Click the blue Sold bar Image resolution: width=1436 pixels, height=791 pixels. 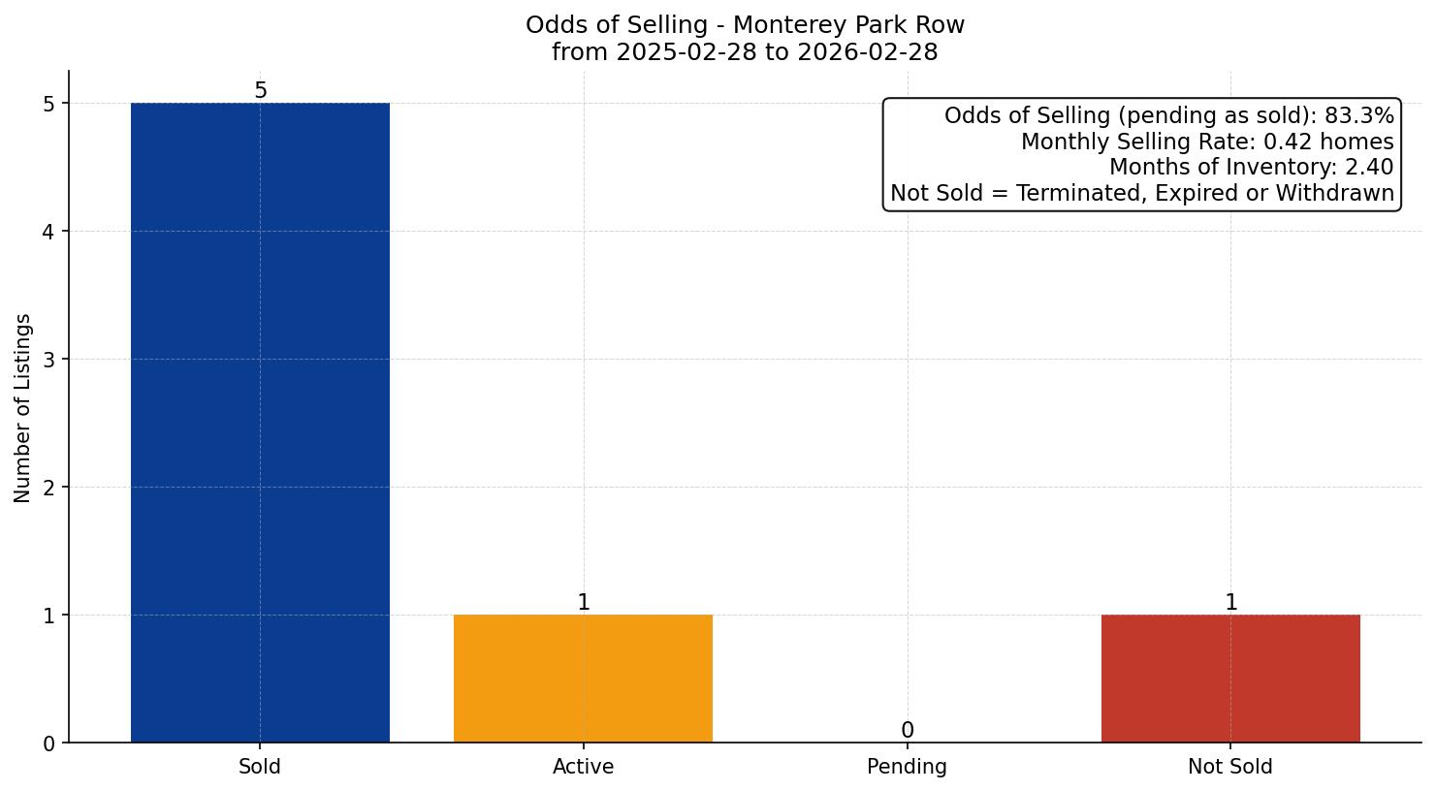(260, 423)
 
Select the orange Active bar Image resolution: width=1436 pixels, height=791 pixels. (583, 679)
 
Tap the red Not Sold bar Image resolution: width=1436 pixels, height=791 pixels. (1229, 679)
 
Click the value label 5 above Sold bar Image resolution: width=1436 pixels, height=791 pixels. (260, 91)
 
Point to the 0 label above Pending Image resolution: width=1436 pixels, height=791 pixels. (907, 731)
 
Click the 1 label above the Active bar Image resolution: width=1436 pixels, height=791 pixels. (583, 603)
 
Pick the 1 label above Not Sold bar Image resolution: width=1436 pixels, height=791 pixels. (1230, 603)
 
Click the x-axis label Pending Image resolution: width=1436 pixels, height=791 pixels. (907, 767)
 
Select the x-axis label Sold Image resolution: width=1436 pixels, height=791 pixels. (260, 767)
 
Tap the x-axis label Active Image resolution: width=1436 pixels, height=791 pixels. (583, 767)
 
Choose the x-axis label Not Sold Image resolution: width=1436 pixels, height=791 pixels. (1229, 767)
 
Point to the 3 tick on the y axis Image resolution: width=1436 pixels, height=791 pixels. (49, 360)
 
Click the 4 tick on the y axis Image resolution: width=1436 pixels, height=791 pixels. (49, 232)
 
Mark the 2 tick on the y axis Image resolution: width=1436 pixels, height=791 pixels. (49, 488)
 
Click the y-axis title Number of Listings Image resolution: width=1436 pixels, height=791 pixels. (23, 407)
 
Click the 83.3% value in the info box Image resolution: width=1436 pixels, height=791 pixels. (1358, 116)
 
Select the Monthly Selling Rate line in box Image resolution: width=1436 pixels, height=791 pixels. (1206, 142)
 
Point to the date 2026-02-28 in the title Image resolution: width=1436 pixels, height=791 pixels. (866, 52)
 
